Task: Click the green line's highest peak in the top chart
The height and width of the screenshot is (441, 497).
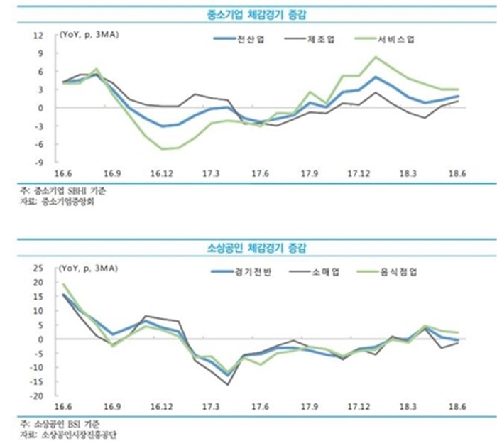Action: pyautogui.click(x=376, y=57)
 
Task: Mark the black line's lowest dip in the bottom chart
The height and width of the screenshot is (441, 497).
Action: pyautogui.click(x=228, y=385)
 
